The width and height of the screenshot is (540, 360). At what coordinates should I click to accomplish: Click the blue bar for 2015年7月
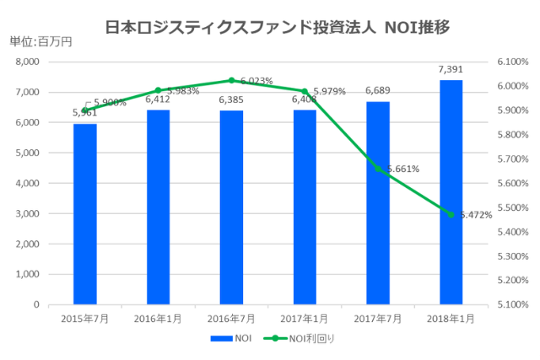tap(84, 214)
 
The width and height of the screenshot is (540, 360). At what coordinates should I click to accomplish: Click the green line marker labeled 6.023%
tap(231, 81)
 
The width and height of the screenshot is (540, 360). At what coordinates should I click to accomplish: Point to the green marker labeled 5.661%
tap(378, 169)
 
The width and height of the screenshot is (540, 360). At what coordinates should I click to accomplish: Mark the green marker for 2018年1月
tap(451, 214)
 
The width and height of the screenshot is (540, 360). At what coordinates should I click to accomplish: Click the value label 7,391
tap(451, 69)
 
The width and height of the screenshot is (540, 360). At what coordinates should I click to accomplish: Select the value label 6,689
tap(378, 90)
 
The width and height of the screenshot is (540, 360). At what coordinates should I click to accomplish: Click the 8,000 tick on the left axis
tap(28, 62)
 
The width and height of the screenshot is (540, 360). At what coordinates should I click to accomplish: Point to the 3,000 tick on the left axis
tap(28, 214)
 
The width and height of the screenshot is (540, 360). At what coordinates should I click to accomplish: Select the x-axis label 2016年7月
tap(231, 319)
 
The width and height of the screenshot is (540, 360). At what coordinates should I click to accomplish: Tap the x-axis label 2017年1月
tap(305, 319)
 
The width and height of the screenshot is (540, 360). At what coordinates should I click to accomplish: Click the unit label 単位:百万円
tap(41, 40)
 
